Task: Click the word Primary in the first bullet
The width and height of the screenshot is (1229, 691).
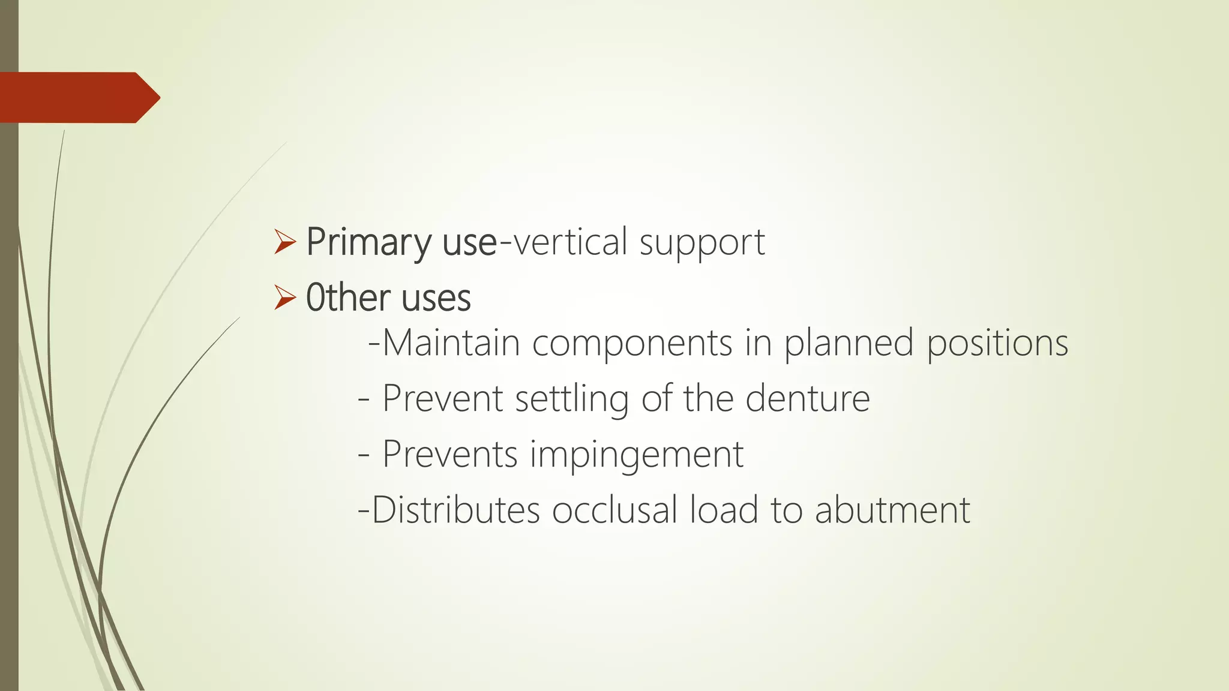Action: [368, 243]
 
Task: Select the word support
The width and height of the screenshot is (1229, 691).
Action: [702, 243]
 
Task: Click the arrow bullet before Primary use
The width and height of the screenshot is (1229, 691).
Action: [284, 242]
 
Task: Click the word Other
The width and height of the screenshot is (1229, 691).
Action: [349, 298]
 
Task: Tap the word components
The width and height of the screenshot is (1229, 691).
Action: [632, 344]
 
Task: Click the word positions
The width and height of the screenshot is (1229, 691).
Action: [997, 344]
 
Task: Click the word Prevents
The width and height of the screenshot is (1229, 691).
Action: [449, 454]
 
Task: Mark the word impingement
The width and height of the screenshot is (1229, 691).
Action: [637, 455]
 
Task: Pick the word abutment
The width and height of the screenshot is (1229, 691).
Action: [892, 510]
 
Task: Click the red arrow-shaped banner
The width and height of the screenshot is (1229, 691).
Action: [78, 98]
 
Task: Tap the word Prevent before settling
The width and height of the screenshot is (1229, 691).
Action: [442, 398]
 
